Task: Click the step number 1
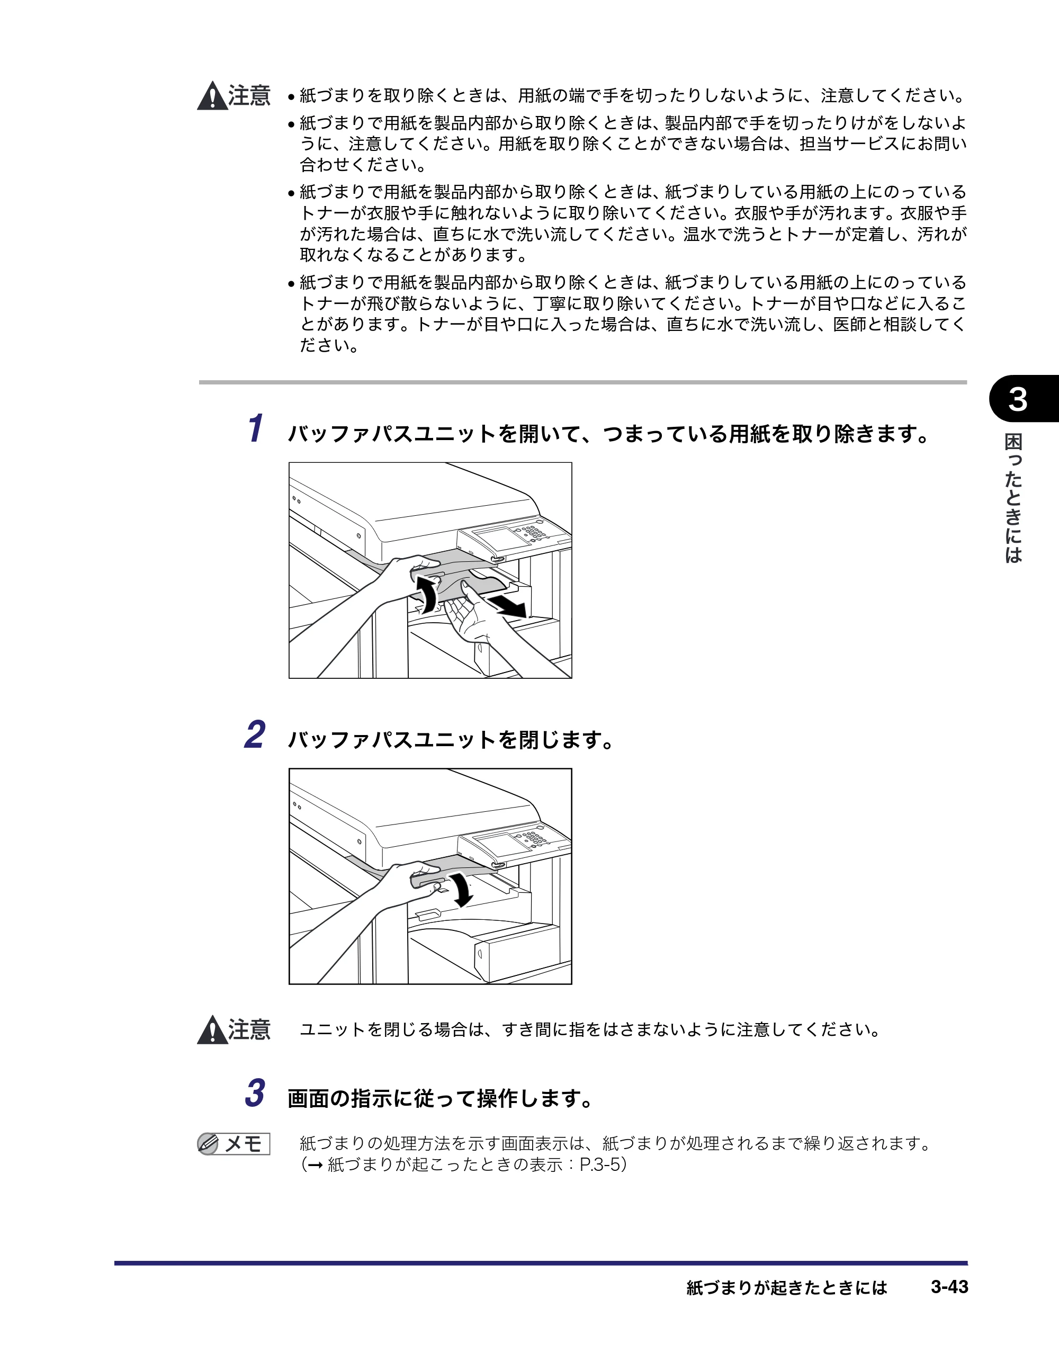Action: (x=256, y=428)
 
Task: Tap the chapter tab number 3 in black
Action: (x=1018, y=399)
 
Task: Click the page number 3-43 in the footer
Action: (x=949, y=1287)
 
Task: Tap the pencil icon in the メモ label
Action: (x=208, y=1144)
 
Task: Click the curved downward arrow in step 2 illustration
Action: (x=462, y=889)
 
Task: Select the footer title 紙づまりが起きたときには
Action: (x=786, y=1287)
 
